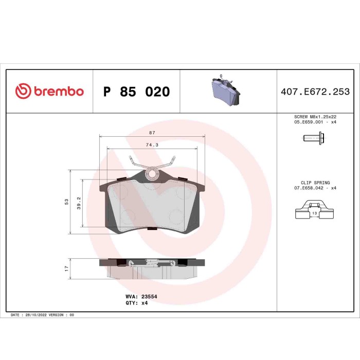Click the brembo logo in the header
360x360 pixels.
49,92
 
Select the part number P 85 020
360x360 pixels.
136,92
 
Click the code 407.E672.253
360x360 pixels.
315,92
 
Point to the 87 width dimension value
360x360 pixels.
152,133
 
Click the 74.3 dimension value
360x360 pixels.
152,145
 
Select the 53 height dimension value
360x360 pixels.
66,202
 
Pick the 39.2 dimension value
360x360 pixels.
79,203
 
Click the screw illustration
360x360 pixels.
312,138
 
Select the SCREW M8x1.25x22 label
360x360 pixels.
315,117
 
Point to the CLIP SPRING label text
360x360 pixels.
315,183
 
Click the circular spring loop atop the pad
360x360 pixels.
152,174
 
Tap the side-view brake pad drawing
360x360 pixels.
152,268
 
